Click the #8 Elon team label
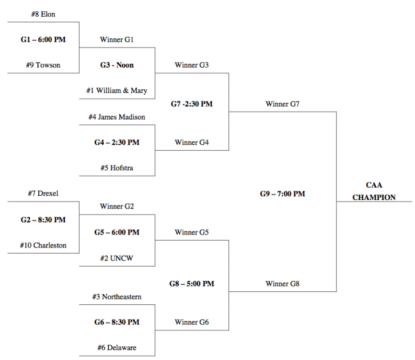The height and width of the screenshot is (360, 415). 43,14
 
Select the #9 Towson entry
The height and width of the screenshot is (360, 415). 43,65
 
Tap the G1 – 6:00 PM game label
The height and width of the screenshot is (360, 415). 43,39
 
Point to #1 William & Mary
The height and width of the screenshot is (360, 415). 117,90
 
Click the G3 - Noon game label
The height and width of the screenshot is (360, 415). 117,65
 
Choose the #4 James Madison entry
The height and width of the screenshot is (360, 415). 117,117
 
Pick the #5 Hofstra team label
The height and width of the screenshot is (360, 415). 117,168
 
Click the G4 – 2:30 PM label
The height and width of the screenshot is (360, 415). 117,143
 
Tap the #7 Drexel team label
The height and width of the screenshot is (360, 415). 43,194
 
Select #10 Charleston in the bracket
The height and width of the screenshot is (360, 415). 43,245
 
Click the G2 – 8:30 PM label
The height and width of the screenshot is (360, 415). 43,219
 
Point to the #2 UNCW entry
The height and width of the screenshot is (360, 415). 117,258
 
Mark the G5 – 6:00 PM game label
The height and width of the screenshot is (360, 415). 117,232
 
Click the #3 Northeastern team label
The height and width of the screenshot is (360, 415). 117,297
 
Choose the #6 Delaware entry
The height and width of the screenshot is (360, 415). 117,348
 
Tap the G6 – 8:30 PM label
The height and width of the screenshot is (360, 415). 117,322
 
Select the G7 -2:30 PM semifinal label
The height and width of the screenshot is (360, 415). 192,104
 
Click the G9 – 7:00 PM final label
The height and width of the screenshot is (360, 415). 283,194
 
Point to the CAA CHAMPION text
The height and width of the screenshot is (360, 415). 374,191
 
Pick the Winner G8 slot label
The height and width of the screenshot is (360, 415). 283,284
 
